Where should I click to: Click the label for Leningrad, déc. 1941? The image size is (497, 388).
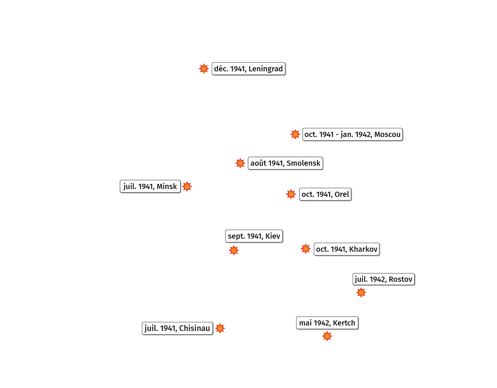tap(248, 69)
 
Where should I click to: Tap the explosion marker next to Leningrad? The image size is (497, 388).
tap(204, 69)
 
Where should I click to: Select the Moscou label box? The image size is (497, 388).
tap(352, 134)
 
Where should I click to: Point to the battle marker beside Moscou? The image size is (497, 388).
tap(295, 134)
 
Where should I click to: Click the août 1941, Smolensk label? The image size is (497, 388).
tap(285, 163)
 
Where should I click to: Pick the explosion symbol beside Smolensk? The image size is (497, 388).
tap(240, 163)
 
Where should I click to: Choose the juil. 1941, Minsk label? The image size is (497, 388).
tap(150, 186)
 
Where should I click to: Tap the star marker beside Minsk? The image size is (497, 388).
tap(187, 186)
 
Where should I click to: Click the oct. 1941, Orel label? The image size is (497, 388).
tap(325, 194)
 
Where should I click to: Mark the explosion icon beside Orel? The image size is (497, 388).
tap(291, 194)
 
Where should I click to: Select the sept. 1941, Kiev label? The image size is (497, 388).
tap(254, 236)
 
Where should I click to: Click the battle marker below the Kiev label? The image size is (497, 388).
tap(234, 250)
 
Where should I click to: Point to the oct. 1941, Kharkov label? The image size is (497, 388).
tap(347, 249)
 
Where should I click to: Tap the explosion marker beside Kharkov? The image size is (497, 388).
tap(305, 249)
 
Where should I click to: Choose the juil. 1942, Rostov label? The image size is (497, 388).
tap(384, 279)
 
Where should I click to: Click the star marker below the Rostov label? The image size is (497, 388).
tap(361, 292)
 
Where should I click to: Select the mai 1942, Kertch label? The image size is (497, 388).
tap(327, 323)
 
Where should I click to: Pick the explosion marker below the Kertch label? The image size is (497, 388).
tap(327, 336)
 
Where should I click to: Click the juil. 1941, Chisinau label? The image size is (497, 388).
tap(177, 328)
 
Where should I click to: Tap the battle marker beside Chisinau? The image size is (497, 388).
tap(220, 328)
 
